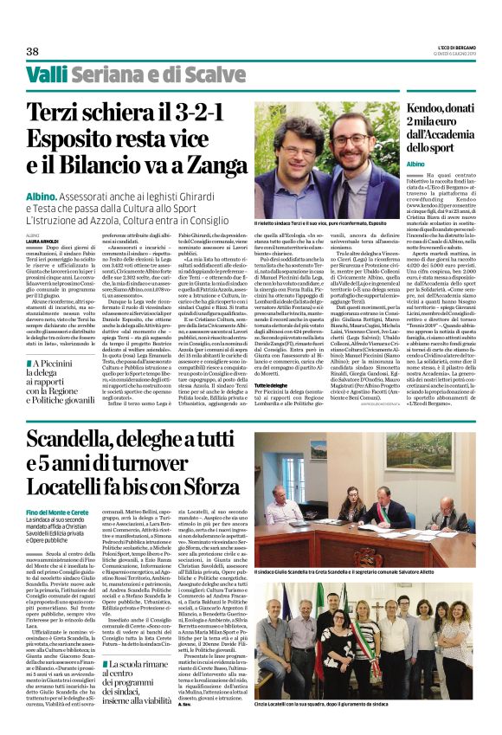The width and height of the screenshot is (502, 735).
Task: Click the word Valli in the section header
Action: tap(46, 74)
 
